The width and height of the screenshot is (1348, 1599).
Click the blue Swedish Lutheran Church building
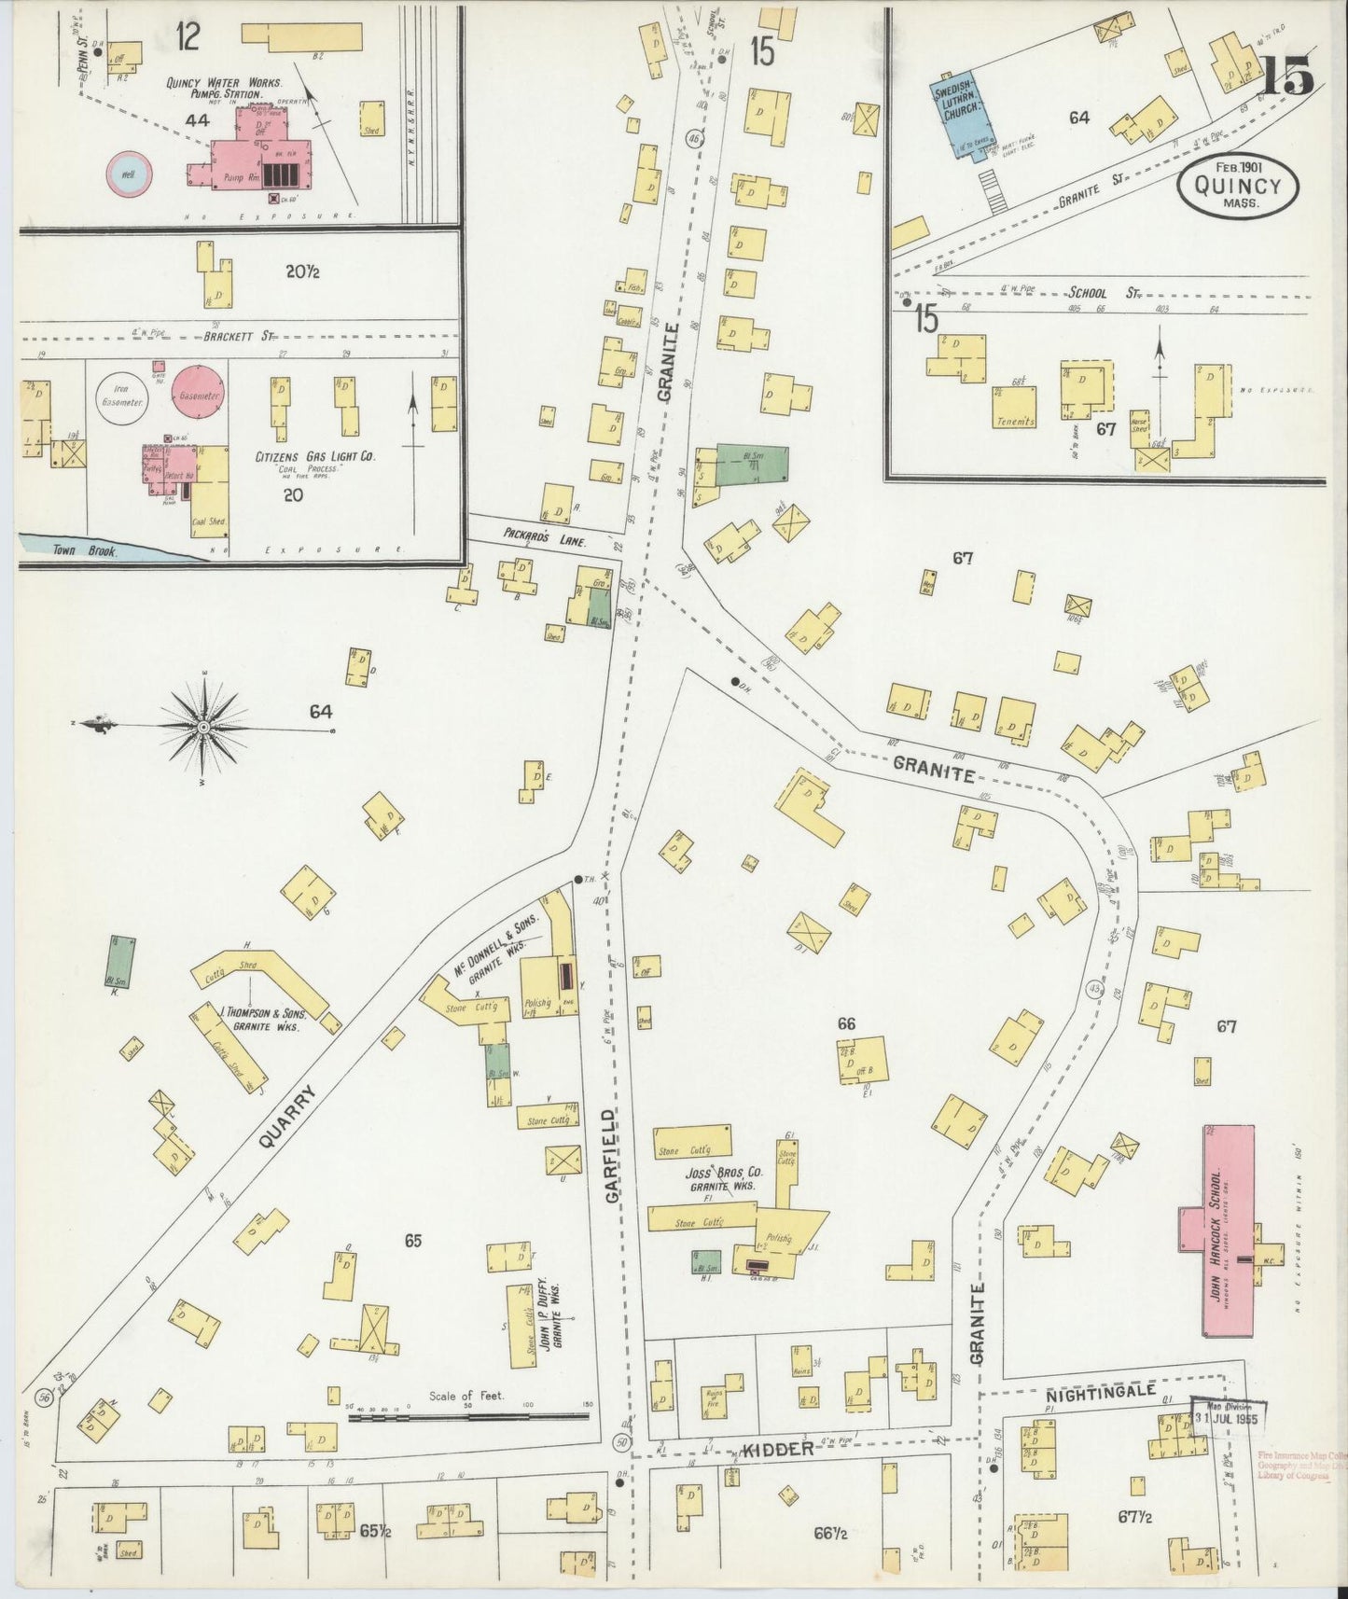point(956,118)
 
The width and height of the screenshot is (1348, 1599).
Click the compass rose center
point(202,725)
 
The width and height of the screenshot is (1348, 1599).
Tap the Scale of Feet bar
point(468,1416)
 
